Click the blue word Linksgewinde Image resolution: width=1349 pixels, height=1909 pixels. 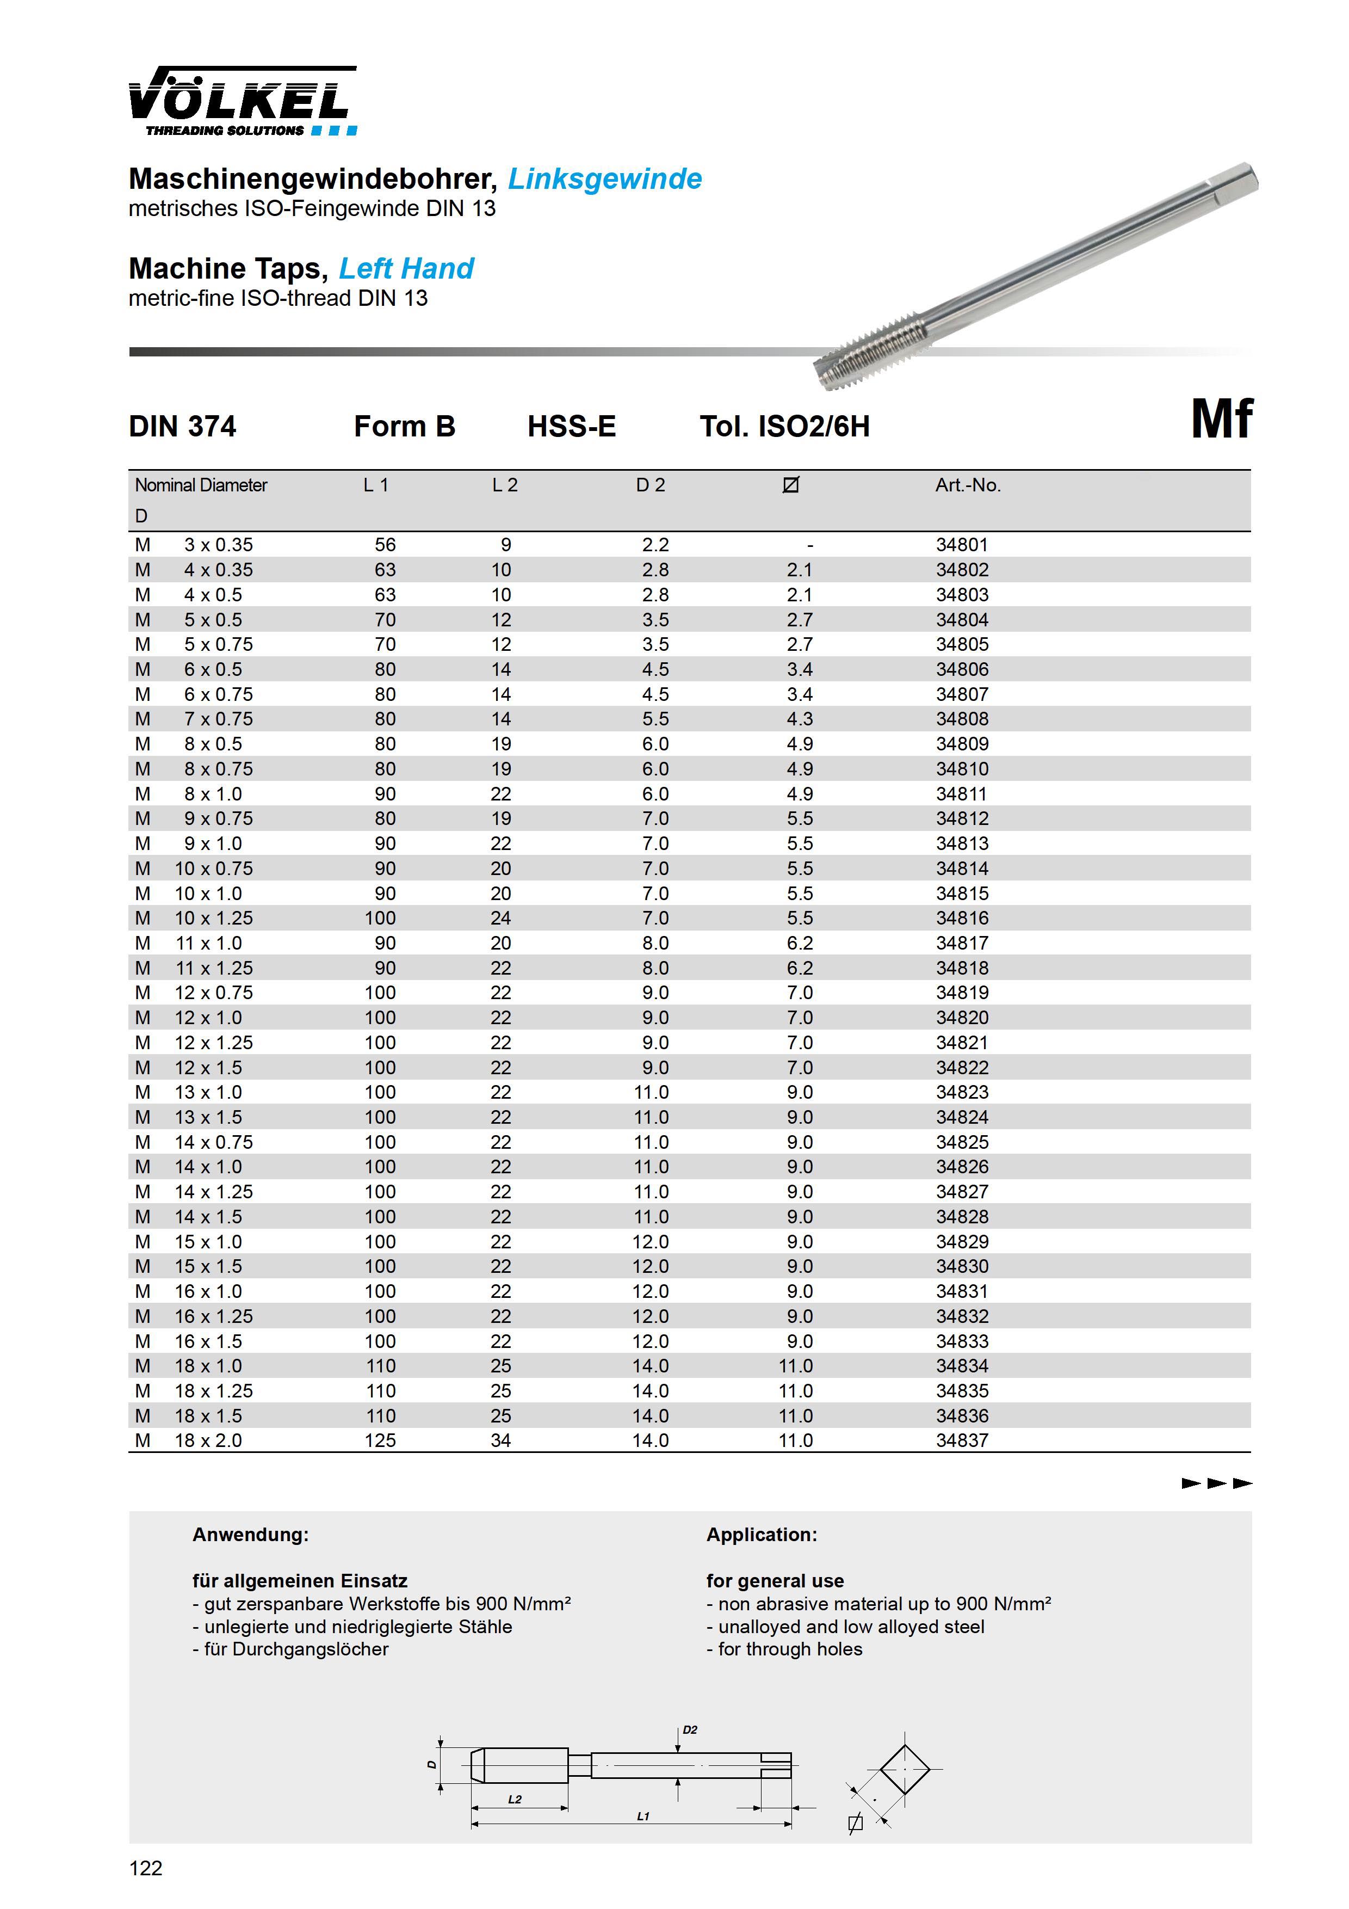click(x=604, y=178)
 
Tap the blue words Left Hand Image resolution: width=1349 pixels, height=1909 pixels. click(x=406, y=269)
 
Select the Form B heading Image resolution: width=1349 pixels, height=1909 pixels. click(x=404, y=427)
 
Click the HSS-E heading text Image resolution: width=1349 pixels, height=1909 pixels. click(x=571, y=427)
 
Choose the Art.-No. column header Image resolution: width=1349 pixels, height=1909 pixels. click(x=968, y=485)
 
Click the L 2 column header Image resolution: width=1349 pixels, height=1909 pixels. click(x=505, y=485)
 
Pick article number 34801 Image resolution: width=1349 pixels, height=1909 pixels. click(x=962, y=545)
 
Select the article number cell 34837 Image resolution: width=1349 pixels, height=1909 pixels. click(x=962, y=1440)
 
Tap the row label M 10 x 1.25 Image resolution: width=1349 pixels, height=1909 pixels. click(x=194, y=918)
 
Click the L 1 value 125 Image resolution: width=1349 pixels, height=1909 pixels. click(x=380, y=1440)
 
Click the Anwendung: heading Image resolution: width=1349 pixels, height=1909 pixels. click(x=250, y=1535)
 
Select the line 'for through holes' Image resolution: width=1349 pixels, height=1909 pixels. click(x=784, y=1649)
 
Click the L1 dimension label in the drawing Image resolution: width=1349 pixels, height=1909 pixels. click(x=642, y=1816)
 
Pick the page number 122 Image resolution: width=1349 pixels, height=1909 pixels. click(x=146, y=1868)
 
